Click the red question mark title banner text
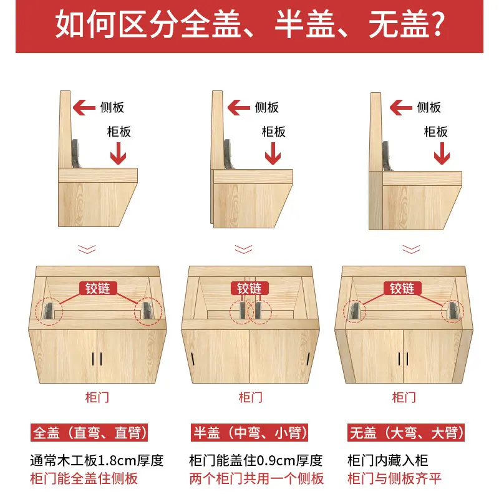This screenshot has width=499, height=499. point(249,24)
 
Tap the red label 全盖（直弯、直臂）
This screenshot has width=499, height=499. point(89,432)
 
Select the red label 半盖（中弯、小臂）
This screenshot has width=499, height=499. point(249,432)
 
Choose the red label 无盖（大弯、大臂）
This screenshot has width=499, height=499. point(406,432)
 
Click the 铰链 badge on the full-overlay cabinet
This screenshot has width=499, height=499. point(98,288)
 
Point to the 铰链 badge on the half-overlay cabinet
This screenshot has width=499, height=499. point(249,288)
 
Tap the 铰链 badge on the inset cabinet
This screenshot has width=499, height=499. point(402,288)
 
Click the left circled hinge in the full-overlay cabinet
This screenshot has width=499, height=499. point(49,311)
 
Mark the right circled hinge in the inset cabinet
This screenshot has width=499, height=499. point(453,311)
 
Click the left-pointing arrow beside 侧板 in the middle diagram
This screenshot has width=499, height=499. point(239,107)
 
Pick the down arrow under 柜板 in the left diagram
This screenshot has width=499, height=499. point(118,153)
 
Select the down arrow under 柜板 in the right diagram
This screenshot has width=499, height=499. point(442,153)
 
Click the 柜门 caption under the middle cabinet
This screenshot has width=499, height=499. point(251,397)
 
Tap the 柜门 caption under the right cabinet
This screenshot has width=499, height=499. point(404,397)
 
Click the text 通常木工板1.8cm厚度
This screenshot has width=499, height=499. point(97,460)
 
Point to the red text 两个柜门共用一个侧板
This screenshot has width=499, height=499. point(256,478)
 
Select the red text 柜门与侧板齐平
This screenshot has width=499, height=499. point(394,478)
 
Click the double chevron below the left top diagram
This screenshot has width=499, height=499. point(87,249)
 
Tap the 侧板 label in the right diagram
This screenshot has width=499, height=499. point(429,107)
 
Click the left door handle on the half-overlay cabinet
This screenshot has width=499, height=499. point(193,359)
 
